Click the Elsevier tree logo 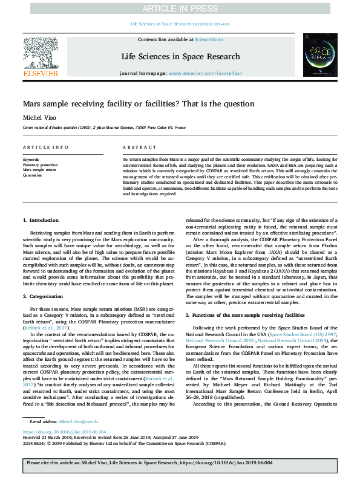(x=41, y=53)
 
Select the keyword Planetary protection (x=40, y=164)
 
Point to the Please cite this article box (x=180, y=466)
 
